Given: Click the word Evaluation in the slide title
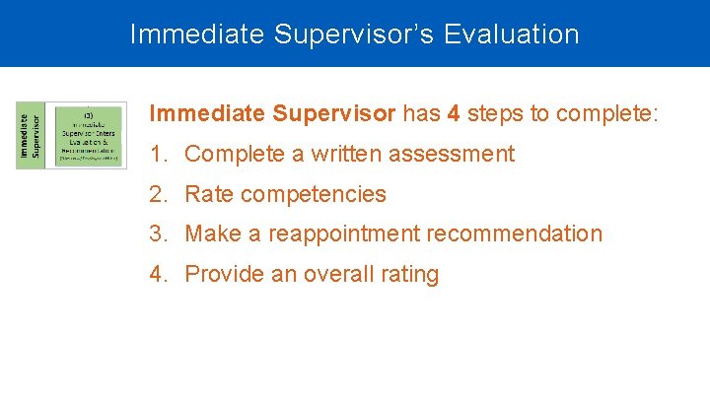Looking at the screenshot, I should click(x=512, y=34).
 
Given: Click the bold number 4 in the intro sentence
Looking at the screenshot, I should click(x=453, y=113).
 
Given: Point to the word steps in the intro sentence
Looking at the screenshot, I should click(x=495, y=113).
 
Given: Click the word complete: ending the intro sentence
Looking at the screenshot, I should click(x=607, y=113).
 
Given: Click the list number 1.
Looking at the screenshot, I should click(x=158, y=154).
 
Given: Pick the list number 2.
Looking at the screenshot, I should click(x=158, y=194).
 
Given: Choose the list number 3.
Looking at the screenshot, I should click(x=158, y=234).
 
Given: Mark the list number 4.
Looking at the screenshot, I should click(x=158, y=275).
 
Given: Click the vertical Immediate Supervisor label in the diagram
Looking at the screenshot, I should click(x=30, y=134).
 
